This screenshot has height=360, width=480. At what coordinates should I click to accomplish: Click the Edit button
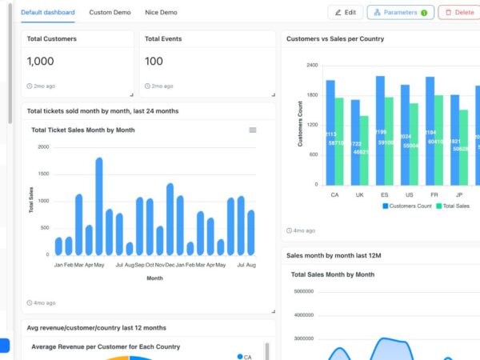345,13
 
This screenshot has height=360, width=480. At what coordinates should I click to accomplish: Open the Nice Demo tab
161,13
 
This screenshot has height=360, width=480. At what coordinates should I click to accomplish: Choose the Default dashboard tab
48,13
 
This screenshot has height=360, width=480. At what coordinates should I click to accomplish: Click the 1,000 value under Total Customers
41,61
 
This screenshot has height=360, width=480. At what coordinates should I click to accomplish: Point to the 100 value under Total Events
154,61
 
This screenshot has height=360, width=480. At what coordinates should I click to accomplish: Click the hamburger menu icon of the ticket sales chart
253,130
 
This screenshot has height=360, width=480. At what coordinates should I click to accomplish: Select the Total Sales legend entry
455,206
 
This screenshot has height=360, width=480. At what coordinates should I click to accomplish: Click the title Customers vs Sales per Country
334,38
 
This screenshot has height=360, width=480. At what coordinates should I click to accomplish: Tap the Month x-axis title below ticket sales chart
154,278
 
